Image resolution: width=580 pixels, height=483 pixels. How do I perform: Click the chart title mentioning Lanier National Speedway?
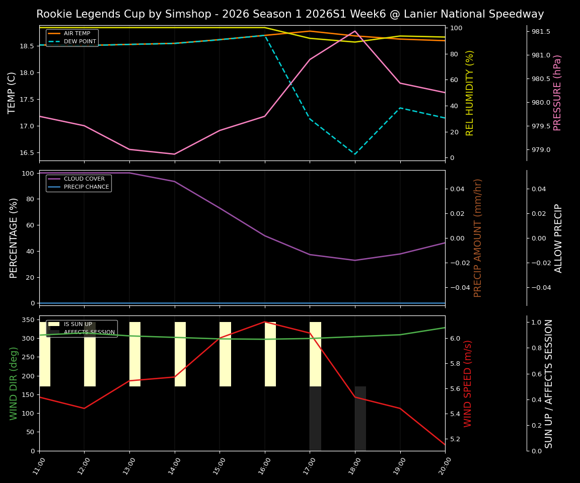pyautogui.click(x=290, y=14)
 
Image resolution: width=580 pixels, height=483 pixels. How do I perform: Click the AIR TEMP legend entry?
pyautogui.click(x=77, y=34)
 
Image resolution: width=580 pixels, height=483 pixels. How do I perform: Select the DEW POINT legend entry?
pyautogui.click(x=80, y=42)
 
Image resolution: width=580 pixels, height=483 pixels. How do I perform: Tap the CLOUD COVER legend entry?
pyautogui.click(x=84, y=179)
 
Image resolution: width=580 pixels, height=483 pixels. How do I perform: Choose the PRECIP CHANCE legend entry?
pyautogui.click(x=86, y=187)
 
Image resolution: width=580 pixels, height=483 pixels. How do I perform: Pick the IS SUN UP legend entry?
pyautogui.click(x=78, y=325)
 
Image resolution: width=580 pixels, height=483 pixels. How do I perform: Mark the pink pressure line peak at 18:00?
pyautogui.click(x=355, y=31)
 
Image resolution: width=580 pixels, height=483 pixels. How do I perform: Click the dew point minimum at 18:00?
pyautogui.click(x=355, y=154)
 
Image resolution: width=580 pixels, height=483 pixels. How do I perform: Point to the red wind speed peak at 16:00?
pyautogui.click(x=265, y=322)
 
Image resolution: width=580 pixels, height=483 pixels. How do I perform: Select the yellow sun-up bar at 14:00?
pyautogui.click(x=180, y=355)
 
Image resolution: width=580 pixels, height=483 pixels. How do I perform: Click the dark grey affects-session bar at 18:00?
pyautogui.click(x=360, y=418)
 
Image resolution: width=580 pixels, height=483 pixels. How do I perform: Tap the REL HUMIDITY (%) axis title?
pyautogui.click(x=470, y=93)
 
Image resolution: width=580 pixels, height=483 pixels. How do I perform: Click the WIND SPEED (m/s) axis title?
pyautogui.click(x=468, y=383)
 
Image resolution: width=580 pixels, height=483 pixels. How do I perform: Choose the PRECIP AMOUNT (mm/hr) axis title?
pyautogui.click(x=478, y=237)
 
